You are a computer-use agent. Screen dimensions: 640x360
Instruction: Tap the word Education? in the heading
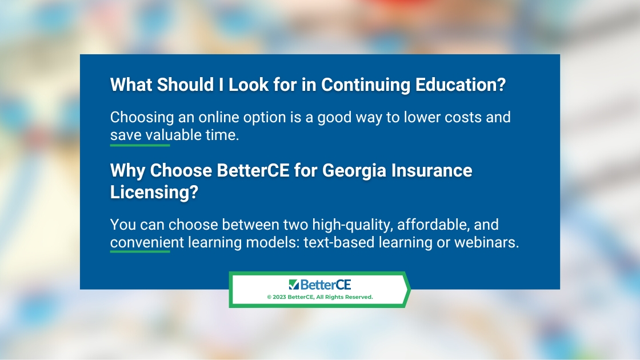coord(461,85)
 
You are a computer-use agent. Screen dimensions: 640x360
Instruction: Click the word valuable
coord(174,135)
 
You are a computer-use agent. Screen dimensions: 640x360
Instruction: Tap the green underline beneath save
coord(140,145)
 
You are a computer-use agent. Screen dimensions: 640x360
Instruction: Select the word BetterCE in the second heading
coord(253,170)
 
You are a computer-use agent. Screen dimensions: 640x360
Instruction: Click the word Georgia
coord(354,171)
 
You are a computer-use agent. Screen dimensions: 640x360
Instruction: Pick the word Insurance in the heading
coord(432,170)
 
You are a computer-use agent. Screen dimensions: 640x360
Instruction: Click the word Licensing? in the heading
coord(154,192)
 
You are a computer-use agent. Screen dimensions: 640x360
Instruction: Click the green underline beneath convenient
coord(140,251)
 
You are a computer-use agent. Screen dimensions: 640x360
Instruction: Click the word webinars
coord(486,242)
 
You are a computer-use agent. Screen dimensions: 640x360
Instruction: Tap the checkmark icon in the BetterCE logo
coord(294,284)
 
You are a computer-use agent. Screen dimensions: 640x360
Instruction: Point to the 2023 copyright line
coord(320,297)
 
